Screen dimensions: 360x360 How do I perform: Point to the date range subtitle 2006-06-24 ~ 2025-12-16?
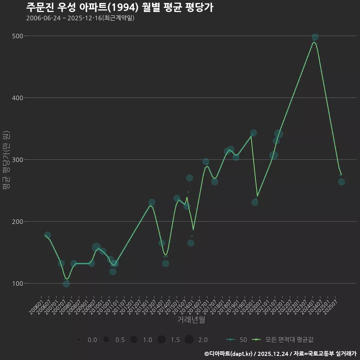click(80, 18)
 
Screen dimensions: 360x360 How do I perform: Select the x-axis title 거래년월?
click(191, 320)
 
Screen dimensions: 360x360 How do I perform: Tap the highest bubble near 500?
click(315, 37)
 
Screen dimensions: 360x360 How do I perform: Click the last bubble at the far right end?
click(341, 182)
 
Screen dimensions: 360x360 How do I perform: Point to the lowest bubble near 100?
click(66, 284)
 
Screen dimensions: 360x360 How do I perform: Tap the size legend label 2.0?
click(203, 340)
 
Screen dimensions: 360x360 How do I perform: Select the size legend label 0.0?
click(92, 340)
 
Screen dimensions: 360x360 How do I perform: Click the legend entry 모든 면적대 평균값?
click(289, 340)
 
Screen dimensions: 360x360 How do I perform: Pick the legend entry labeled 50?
click(243, 340)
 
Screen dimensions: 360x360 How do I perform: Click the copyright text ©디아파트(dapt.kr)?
click(229, 354)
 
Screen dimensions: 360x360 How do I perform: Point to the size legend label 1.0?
click(147, 340)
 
